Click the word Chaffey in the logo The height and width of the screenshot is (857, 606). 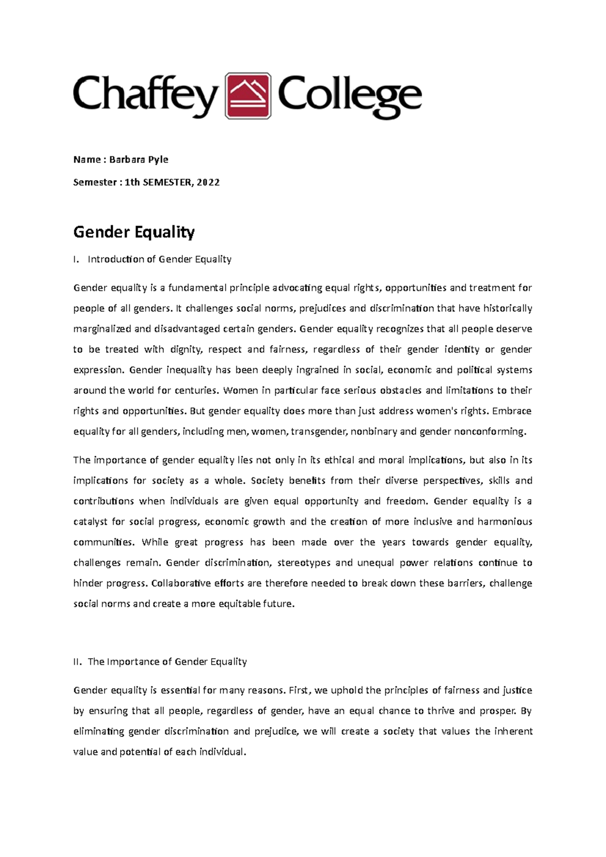(x=145, y=96)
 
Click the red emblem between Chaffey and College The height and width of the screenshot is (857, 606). (x=248, y=96)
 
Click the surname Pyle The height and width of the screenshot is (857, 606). (x=158, y=159)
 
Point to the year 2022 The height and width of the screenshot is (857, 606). (x=208, y=182)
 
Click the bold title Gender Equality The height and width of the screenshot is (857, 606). (x=134, y=232)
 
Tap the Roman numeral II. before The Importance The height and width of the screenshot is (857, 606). (x=77, y=662)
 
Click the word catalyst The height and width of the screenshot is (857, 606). (x=90, y=521)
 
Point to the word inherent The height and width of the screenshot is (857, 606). (x=513, y=731)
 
